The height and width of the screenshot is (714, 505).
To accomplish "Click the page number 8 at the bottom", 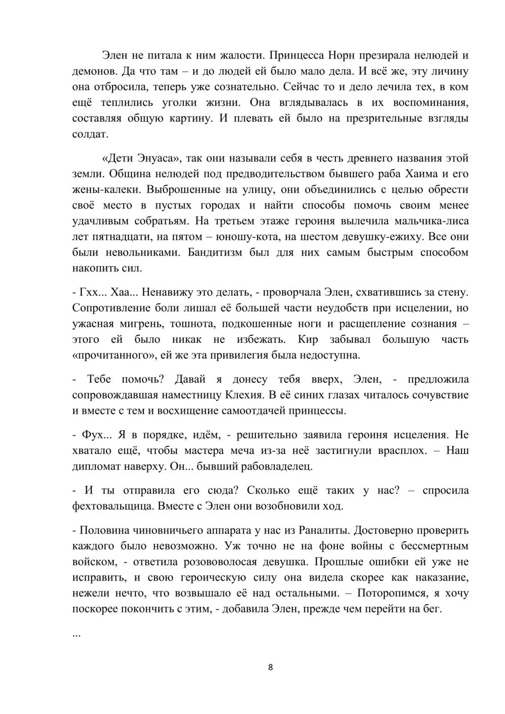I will [270, 667].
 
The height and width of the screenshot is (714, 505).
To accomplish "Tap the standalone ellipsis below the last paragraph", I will [77, 635].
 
